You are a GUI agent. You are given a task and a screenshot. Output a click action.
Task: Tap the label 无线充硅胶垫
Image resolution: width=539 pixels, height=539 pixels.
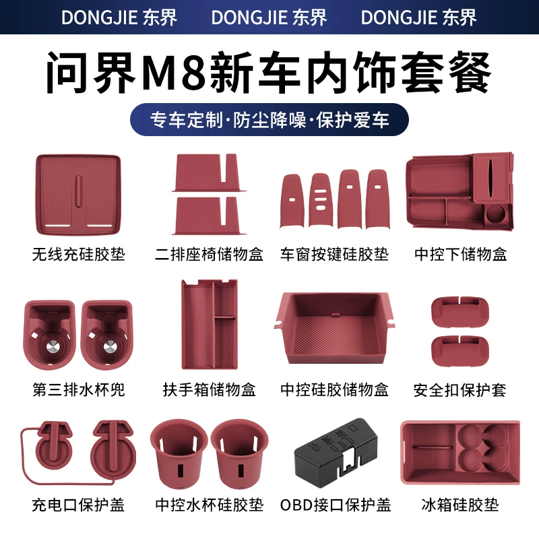pos(79,255)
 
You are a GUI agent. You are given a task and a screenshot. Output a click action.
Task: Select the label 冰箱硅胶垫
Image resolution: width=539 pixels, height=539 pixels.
pos(460,505)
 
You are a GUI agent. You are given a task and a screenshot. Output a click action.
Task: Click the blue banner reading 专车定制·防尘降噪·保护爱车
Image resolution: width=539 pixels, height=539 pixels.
pos(269,120)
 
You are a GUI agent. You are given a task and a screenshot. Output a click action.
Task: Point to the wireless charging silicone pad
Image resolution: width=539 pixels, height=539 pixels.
pos(78,195)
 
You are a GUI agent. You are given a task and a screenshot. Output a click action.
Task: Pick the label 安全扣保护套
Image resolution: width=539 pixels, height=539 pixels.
pos(459,390)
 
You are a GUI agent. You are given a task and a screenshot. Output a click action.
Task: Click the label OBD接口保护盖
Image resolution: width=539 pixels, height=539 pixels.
pos(336,505)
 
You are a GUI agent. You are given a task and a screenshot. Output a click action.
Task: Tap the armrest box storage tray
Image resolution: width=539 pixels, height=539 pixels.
pos(210,325)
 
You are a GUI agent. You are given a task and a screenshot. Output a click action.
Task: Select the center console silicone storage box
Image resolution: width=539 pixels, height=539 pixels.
pos(334,328)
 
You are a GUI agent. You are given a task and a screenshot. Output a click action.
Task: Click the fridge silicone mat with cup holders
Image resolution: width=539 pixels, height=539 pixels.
pos(460,452)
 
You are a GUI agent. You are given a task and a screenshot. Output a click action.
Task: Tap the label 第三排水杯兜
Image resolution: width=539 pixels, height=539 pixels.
pos(79,390)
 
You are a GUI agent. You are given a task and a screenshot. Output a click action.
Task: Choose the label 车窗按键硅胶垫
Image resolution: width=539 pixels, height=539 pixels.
pos(334,255)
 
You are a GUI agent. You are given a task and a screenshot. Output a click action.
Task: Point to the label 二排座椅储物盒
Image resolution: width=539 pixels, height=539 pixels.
pos(209,255)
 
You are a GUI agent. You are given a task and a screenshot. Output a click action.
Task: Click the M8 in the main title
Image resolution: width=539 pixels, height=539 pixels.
pos(174,73)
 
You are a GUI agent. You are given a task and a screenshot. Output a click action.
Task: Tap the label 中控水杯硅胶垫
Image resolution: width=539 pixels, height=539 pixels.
pos(209,505)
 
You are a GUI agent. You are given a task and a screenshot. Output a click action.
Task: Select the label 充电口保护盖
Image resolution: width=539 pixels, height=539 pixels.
pos(78,505)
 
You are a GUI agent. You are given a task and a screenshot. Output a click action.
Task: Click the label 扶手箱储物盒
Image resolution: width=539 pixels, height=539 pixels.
pos(210,390)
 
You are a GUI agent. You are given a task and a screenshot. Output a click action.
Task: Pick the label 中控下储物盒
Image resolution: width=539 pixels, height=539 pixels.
pos(460,255)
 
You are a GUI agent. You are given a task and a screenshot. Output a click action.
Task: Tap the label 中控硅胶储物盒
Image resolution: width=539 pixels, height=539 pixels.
pos(334,390)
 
